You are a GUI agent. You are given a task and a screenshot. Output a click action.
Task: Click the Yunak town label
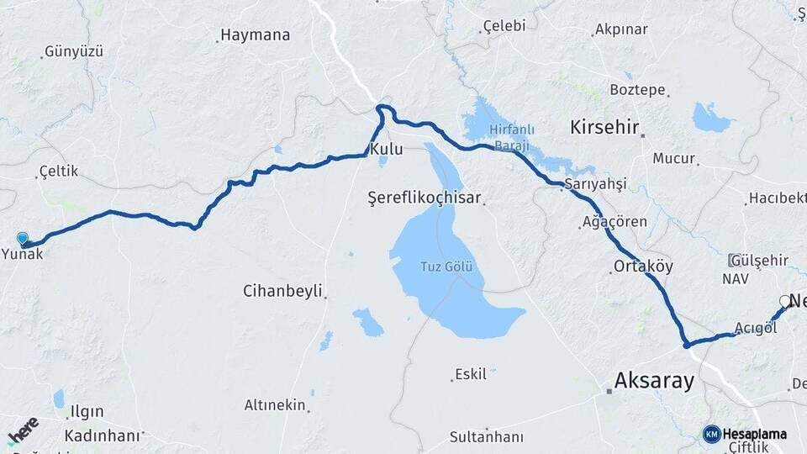pyautogui.click(x=23, y=253)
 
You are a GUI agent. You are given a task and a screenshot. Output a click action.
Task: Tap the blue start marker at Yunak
pyautogui.click(x=22, y=239)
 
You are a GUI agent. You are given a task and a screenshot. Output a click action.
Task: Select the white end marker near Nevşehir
pyautogui.click(x=785, y=301)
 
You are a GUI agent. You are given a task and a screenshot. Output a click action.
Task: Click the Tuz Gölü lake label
pyautogui.click(x=447, y=267)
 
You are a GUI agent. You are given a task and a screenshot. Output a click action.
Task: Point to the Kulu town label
pyautogui.click(x=387, y=150)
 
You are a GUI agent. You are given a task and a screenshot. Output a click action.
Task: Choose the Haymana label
pyautogui.click(x=255, y=35)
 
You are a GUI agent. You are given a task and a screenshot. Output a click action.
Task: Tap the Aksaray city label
pyautogui.click(x=655, y=381)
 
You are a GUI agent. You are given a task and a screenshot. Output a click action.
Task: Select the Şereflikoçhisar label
pyautogui.click(x=425, y=198)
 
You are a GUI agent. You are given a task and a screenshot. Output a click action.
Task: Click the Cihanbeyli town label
pyautogui.click(x=282, y=291)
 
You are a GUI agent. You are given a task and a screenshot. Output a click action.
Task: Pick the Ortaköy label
pyautogui.click(x=643, y=267)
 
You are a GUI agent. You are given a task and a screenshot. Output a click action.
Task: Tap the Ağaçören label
pyautogui.click(x=614, y=222)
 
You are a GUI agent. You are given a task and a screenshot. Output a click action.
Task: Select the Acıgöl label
pyautogui.click(x=755, y=328)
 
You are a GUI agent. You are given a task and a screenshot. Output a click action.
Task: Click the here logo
pyautogui.click(x=23, y=429)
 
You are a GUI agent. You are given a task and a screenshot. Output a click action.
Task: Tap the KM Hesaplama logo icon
pyautogui.click(x=711, y=434)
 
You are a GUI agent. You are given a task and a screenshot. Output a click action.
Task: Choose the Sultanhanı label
pyautogui.click(x=486, y=436)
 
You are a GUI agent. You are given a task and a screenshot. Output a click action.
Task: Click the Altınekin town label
pyautogui.click(x=275, y=405)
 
